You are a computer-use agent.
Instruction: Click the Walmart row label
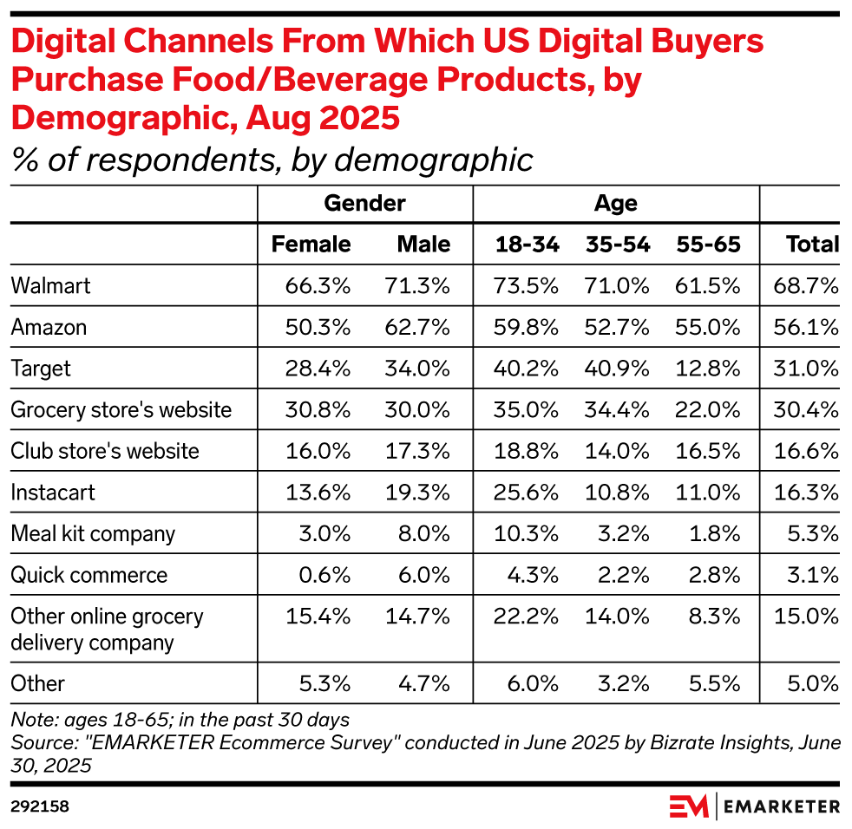coord(50,285)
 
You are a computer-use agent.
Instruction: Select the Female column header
coord(311,245)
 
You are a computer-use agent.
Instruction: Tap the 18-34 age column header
coord(526,245)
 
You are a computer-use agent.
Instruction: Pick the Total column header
coord(812,245)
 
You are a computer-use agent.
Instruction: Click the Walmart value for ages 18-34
coord(526,285)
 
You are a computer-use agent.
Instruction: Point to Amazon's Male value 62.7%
coord(416,327)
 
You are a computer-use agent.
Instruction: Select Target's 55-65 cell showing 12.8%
coord(709,369)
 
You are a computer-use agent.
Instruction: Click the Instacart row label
coord(52,493)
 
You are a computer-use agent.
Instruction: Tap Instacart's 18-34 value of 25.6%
coord(526,493)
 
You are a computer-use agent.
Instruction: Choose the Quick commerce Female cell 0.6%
coord(318,575)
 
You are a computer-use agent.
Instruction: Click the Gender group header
coord(364,204)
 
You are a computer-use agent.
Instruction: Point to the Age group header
coord(616,204)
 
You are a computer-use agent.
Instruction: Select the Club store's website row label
coord(104,451)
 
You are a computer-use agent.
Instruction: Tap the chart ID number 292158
coord(40,806)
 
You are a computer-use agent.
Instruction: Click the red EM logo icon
coord(688,806)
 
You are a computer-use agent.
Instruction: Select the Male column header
coord(423,245)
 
